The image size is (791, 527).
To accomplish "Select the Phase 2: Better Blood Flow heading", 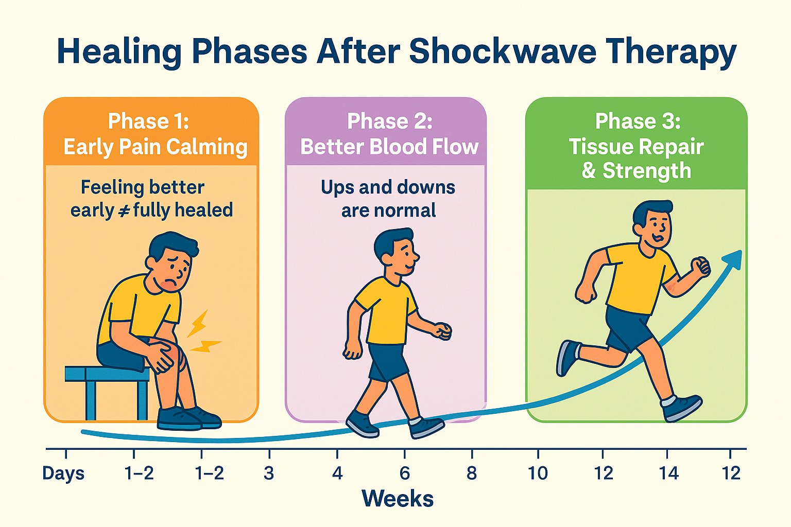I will tap(389, 134).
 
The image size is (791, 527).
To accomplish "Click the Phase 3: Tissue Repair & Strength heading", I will tap(637, 146).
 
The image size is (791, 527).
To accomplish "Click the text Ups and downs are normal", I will tap(388, 199).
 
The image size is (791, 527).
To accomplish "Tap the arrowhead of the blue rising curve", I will tap(733, 258).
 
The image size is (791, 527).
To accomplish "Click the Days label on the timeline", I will tap(63, 473).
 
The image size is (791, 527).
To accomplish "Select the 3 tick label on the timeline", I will tap(268, 473).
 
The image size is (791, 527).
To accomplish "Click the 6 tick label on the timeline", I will tap(404, 473).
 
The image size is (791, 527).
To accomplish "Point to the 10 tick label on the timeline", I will tap(537, 473).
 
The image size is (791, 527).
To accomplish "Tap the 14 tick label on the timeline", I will tap(668, 473).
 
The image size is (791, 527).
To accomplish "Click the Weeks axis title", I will tap(398, 499).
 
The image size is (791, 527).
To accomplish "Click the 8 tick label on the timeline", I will tap(471, 473).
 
